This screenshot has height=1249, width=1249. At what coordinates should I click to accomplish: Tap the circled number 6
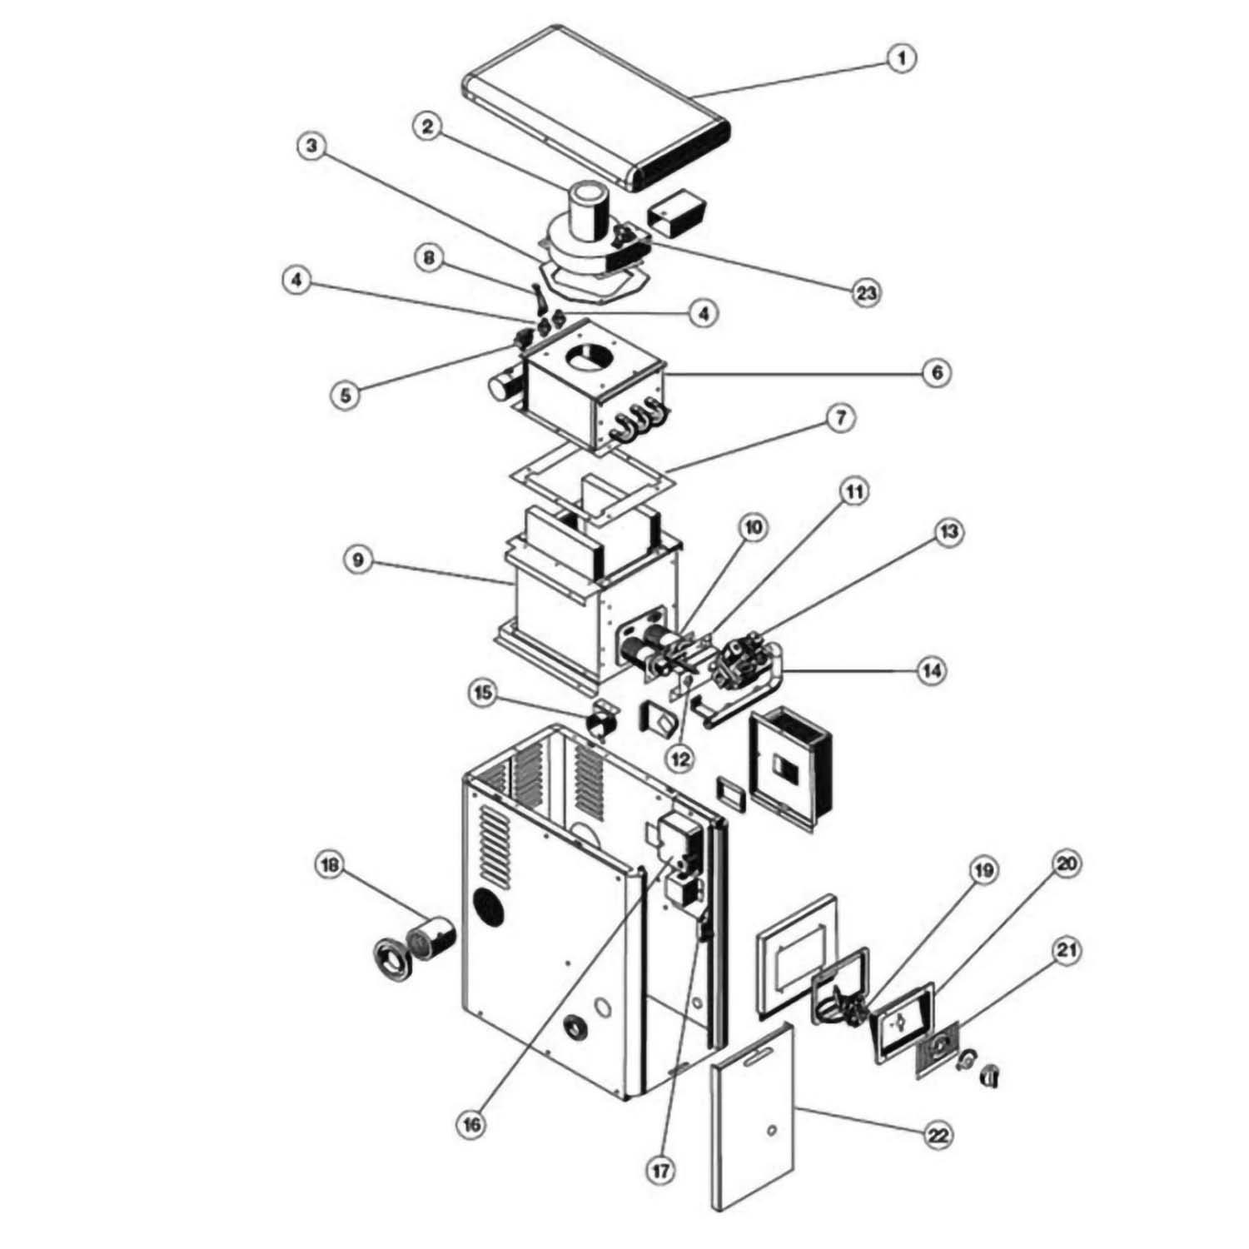click(938, 372)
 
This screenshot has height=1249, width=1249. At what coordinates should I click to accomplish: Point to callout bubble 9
click(358, 560)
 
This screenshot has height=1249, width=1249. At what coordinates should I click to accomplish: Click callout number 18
click(331, 866)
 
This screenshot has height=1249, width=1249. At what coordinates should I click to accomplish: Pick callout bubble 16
click(471, 1125)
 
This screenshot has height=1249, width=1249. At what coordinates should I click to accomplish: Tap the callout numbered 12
click(681, 759)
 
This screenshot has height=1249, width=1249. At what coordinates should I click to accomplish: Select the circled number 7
click(841, 419)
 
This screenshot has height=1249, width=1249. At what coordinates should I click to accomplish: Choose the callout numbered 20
click(1067, 864)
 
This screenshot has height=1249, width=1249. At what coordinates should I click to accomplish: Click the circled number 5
click(346, 393)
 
